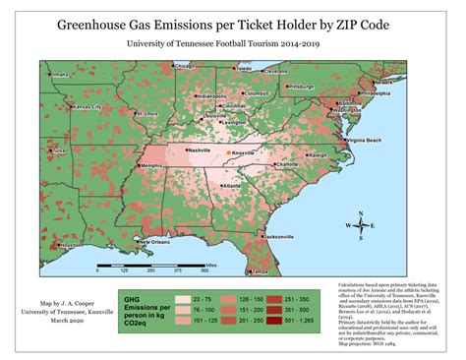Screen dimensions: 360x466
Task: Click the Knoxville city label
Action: point(253,153)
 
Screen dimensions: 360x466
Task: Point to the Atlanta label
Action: point(233,185)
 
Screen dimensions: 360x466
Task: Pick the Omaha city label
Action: point(60,75)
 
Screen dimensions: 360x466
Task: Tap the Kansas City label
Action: point(87,105)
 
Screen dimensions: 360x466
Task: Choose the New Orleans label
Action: point(160,241)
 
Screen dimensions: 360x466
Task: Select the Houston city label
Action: point(70,246)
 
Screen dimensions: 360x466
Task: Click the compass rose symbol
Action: point(353,224)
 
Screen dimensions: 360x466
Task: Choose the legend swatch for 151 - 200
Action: point(235,308)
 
